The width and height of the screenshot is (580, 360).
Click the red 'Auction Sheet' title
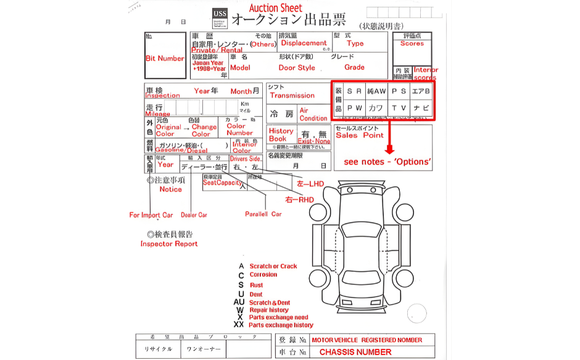(x=275, y=7)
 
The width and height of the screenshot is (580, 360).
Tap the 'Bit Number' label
(x=165, y=59)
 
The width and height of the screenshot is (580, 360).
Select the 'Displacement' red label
(x=304, y=43)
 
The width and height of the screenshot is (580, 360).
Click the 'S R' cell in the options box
(x=354, y=91)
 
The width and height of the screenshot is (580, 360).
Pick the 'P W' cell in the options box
(x=354, y=107)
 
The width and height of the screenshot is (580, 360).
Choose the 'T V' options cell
(x=399, y=107)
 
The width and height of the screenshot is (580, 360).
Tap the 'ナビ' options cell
(x=421, y=107)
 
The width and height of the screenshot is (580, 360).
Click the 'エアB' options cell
(x=421, y=91)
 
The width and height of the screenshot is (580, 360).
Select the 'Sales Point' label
(x=360, y=135)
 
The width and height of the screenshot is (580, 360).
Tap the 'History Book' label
(x=281, y=135)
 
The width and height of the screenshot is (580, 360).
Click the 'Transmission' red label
(x=292, y=96)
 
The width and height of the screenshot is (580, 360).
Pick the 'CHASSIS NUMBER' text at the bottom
(x=355, y=352)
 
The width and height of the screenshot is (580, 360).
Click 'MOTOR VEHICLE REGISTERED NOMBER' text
(x=367, y=340)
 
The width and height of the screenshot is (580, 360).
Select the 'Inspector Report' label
(x=169, y=244)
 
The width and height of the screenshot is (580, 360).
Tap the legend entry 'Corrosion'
(x=263, y=275)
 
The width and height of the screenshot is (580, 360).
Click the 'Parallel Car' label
(x=263, y=214)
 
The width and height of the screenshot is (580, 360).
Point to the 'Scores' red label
(x=412, y=44)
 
